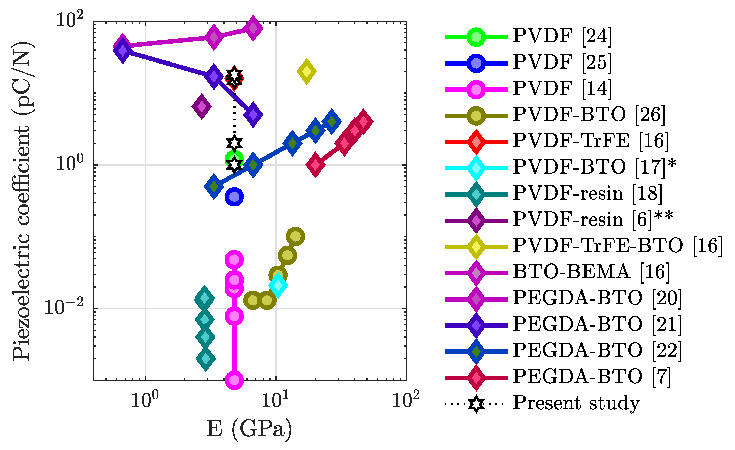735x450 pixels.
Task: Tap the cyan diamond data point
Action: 278,285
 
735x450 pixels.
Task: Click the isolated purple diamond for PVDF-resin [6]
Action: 202,106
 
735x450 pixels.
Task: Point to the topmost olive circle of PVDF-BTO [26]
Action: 295,237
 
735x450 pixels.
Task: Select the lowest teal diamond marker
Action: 206,359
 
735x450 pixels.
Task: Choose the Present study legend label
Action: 576,403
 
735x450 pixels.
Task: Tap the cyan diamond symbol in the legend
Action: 476,168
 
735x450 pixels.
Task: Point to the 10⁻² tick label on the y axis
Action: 64,307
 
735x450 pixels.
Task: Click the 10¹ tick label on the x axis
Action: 275,400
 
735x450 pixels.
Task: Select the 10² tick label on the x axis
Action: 406,400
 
